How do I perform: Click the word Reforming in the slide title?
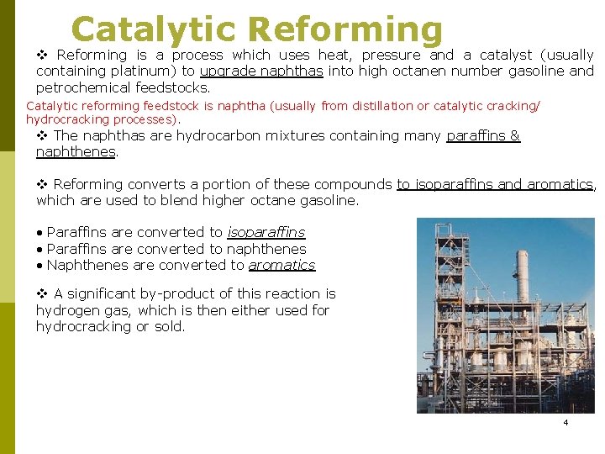coord(345,29)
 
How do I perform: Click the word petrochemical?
coord(82,87)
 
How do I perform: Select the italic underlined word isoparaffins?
coord(266,232)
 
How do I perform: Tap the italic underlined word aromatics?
coord(281,265)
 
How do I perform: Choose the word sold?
coord(169,326)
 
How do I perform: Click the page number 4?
coord(566,422)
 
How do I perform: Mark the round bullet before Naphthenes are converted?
coord(39,265)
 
